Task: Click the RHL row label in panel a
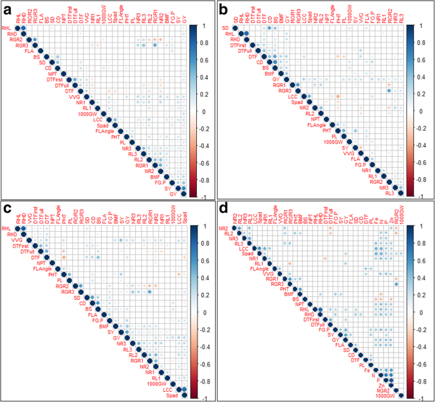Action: coord(7,29)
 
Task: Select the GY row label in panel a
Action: coord(173,194)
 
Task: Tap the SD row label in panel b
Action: coord(225,29)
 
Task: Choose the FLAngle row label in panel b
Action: coord(316,125)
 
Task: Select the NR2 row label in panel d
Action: coord(224,228)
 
